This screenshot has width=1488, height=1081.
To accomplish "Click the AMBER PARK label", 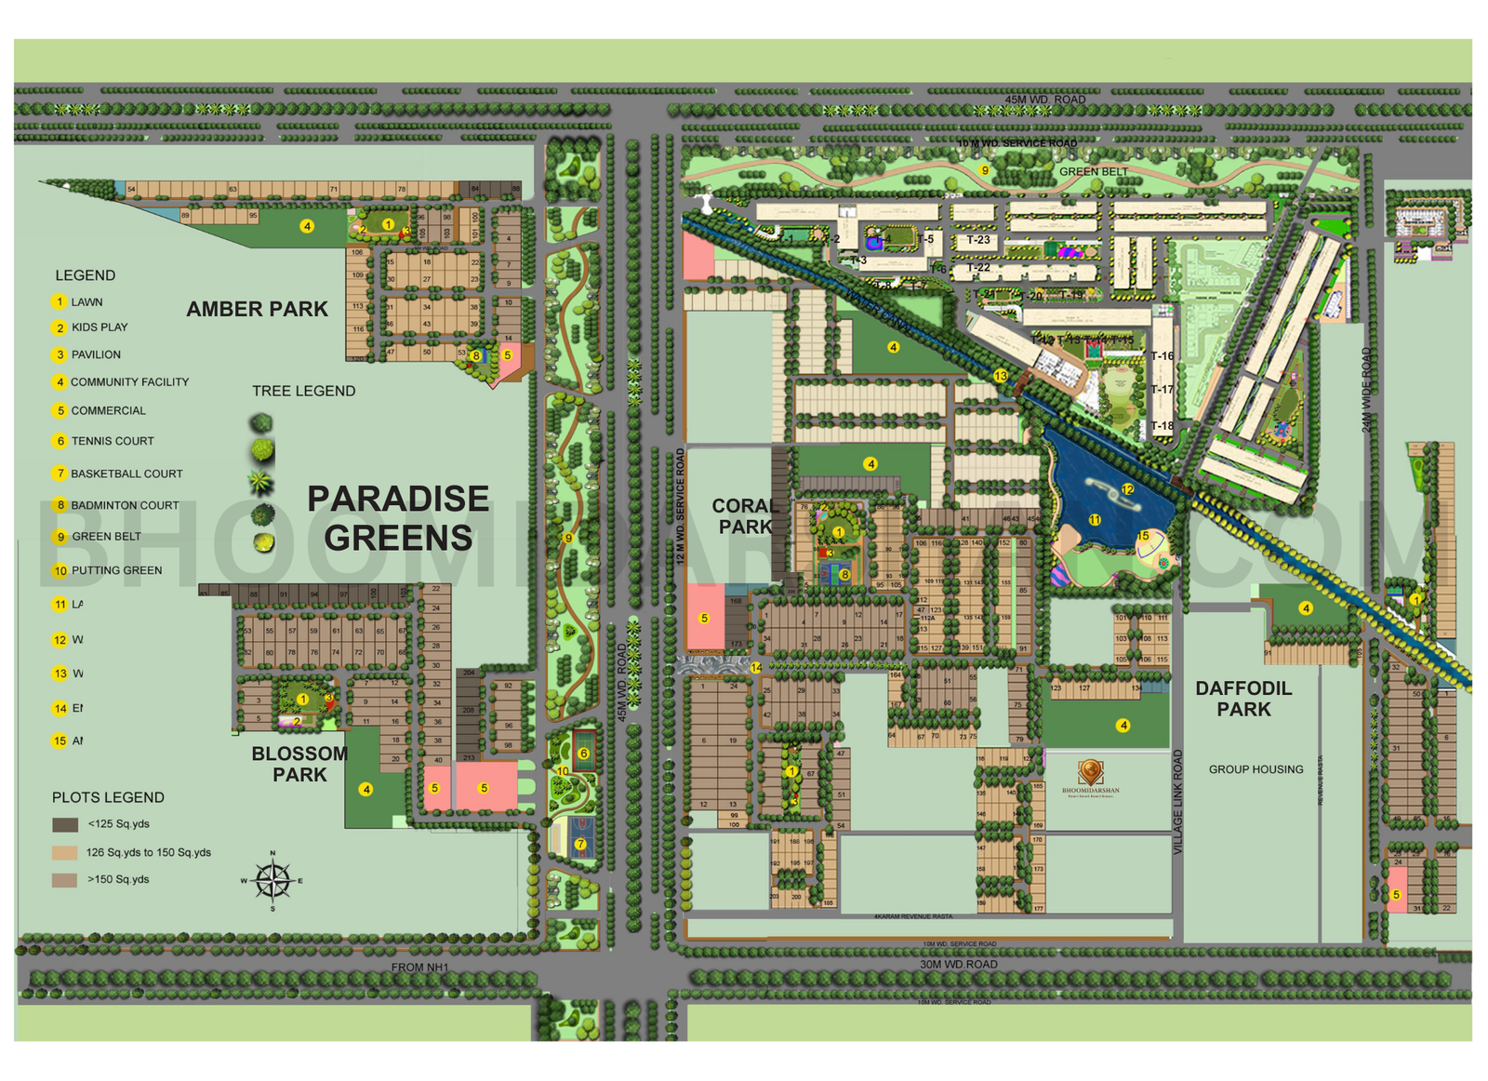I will (257, 309).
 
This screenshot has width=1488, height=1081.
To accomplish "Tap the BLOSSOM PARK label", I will (299, 764).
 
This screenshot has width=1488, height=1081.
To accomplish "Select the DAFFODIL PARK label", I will (1243, 699).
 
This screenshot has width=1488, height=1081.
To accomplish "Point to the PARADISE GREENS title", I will (398, 518).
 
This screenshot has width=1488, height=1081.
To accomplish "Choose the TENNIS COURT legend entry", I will (113, 441).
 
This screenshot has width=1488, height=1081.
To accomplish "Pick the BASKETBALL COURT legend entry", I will (126, 474).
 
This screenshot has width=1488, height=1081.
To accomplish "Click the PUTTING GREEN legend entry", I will (116, 570).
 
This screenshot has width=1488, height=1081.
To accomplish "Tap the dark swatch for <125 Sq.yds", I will (65, 824).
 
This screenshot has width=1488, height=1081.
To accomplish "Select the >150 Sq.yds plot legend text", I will (118, 879).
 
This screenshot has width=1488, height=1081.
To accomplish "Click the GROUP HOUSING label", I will (1255, 769).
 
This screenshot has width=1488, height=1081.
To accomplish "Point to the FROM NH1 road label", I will (419, 968).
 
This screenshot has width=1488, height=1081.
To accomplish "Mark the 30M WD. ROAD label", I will (958, 965).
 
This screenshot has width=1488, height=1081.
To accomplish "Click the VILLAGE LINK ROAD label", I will (1177, 802).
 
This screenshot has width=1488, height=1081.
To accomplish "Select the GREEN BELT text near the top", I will (1094, 172).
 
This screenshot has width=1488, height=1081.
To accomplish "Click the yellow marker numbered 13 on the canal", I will (1000, 376).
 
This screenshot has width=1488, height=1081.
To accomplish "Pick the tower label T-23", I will (978, 240).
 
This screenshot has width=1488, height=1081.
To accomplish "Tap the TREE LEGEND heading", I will (303, 391).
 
